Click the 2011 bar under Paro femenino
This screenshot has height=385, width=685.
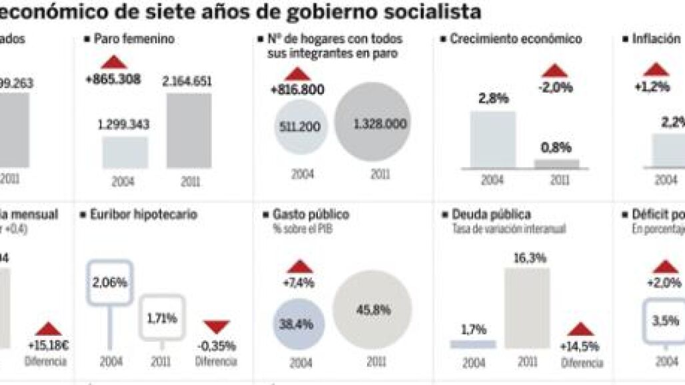pyautogui.click(x=189, y=131)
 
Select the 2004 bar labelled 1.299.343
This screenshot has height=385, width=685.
pyautogui.click(x=125, y=153)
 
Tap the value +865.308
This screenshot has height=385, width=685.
pyautogui.click(x=113, y=79)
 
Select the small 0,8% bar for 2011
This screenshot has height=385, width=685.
pyautogui.click(x=557, y=163)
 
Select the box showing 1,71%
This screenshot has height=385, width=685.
pyautogui.click(x=162, y=318)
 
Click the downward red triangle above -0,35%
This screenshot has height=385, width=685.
pyautogui.click(x=217, y=326)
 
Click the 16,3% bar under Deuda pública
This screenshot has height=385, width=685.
pyautogui.click(x=527, y=308)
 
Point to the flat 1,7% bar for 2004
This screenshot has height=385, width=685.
pyautogui.click(x=473, y=344)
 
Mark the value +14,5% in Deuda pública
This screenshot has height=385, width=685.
pyautogui.click(x=580, y=346)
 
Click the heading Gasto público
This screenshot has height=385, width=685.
pyautogui.click(x=311, y=214)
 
